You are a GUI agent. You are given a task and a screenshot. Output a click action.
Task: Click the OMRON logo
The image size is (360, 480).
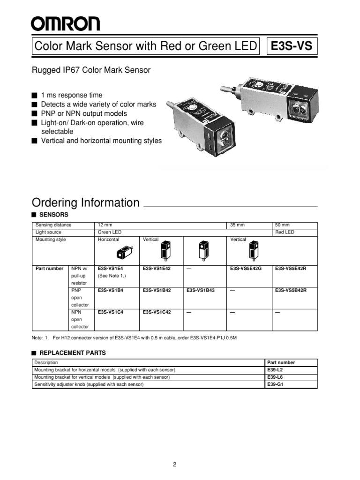pos(65,23)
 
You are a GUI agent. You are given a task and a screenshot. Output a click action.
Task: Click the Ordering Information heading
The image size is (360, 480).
pos(85,202)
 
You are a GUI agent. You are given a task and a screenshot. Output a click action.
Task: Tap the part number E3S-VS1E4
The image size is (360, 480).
pos(111,268)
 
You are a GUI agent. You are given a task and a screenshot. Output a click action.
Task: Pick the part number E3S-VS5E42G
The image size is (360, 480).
pos(246,268)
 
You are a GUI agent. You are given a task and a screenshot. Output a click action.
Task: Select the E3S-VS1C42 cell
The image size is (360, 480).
pos(157,312)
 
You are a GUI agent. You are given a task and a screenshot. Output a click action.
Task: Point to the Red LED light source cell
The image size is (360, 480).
pos(285,232)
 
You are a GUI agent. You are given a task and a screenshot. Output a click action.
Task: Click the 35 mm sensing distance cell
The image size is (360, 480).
pos(238,225)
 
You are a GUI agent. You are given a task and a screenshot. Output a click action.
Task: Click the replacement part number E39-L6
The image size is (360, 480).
pos(275,377)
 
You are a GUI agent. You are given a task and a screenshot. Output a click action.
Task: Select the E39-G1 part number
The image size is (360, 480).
pos(275,384)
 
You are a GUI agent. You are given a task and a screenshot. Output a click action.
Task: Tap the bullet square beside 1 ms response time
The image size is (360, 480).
pos(34,95)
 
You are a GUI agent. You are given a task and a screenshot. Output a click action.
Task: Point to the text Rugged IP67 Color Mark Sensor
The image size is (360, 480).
pos(91,70)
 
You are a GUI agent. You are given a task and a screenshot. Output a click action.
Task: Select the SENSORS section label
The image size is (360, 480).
pos(55,214)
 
